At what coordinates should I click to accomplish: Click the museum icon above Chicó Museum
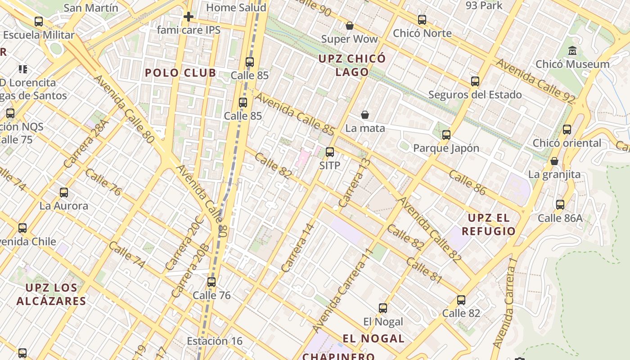click(572, 50)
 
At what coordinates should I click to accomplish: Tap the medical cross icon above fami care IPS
click(189, 17)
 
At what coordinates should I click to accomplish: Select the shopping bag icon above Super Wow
click(349, 26)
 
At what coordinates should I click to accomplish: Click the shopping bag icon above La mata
click(365, 115)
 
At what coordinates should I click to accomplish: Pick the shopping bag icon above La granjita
click(554, 161)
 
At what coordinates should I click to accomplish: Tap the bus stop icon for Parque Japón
click(446, 135)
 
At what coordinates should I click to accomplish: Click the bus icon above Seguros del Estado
click(475, 81)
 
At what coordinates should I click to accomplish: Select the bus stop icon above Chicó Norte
click(422, 20)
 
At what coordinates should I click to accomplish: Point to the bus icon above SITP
click(330, 152)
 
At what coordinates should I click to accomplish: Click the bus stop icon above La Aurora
click(64, 193)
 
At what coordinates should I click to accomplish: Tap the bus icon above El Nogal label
click(383, 308)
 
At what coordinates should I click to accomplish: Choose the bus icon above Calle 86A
click(560, 205)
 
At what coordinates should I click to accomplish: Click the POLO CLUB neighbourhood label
click(180, 73)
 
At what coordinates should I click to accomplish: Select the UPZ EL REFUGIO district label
click(491, 225)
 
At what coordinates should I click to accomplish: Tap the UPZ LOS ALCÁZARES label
click(51, 294)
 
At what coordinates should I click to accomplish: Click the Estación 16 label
click(215, 341)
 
